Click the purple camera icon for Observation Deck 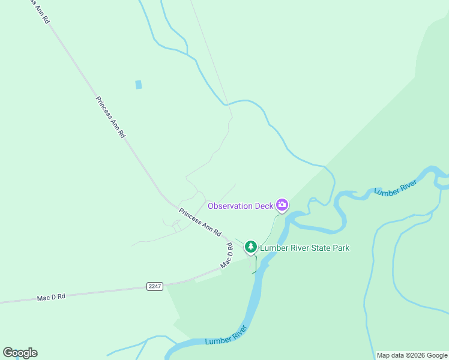(x=282, y=205)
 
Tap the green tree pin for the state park (x=250, y=247)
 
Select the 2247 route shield (x=154, y=286)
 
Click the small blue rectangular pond (x=139, y=85)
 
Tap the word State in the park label (x=316, y=248)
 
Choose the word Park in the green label (x=339, y=248)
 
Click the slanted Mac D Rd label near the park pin (x=226, y=255)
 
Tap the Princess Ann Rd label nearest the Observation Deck (x=200, y=222)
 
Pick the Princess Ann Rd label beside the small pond (x=110, y=118)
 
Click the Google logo (x=20, y=353)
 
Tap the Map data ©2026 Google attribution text (x=412, y=355)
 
